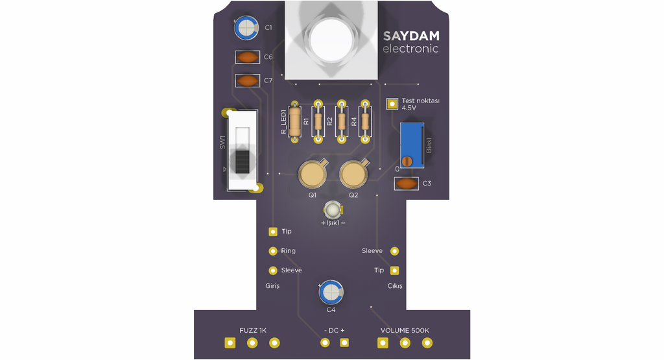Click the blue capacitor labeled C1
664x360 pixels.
[x=246, y=28]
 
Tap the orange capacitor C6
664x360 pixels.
[x=247, y=57]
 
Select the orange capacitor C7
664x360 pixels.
[x=247, y=80]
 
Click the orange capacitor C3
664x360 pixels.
[x=407, y=184]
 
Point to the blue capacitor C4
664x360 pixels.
[x=331, y=293]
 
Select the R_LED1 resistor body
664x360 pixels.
[x=295, y=122]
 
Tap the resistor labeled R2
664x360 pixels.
[x=341, y=121]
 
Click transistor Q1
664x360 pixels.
[x=313, y=174]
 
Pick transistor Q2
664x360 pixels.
[x=353, y=174]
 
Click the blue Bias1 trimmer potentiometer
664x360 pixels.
[x=412, y=145]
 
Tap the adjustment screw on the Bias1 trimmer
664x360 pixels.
[x=407, y=162]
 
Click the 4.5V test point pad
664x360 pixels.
[x=392, y=104]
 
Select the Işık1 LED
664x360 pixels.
[x=333, y=210]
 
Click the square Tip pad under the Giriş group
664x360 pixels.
[x=273, y=232]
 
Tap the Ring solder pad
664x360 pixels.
[x=273, y=251]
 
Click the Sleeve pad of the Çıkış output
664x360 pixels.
[x=395, y=251]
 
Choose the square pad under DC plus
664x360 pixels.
[x=344, y=342]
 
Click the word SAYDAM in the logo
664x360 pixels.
[x=411, y=36]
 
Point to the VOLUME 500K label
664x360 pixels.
[x=405, y=330]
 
